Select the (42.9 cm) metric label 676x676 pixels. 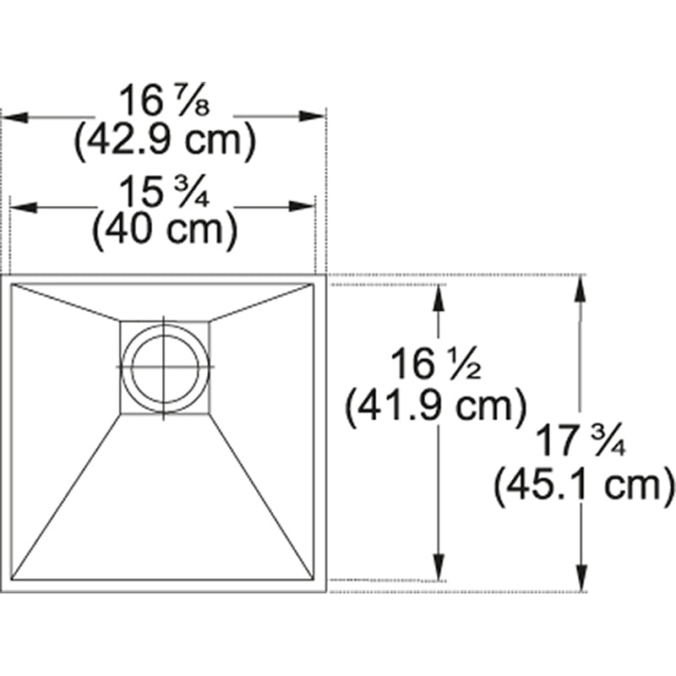coord(163,142)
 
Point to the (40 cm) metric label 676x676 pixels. coord(163,231)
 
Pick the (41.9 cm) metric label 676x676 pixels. coord(436,406)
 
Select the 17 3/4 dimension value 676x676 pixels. coord(583,443)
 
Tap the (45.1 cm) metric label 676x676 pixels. coord(584,486)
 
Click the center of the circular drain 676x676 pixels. coord(165,367)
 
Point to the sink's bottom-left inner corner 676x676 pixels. coord(14,580)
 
